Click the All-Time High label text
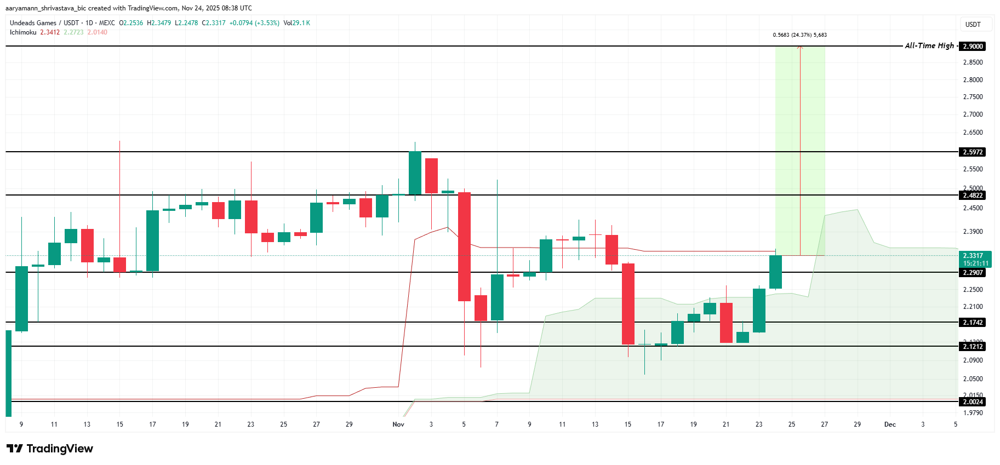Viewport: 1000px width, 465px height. click(929, 46)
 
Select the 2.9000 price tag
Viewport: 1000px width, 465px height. click(973, 47)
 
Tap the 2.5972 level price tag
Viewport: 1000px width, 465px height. click(973, 152)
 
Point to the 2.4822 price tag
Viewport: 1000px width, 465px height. click(973, 196)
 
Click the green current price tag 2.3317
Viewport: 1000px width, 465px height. click(973, 256)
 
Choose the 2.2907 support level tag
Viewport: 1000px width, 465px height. click(973, 273)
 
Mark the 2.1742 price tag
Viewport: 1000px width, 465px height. click(973, 323)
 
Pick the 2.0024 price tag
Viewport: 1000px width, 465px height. click(973, 402)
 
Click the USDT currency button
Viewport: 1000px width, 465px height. click(973, 25)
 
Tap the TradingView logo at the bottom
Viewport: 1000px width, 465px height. click(50, 449)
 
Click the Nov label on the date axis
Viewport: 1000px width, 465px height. click(398, 424)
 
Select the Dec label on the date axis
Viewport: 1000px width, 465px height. click(890, 424)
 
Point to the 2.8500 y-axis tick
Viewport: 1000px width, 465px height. click(973, 62)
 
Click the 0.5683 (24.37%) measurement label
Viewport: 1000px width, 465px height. click(799, 35)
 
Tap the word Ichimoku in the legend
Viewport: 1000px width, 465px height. click(23, 32)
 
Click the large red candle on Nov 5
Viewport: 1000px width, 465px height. click(464, 246)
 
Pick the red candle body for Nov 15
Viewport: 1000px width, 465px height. click(628, 304)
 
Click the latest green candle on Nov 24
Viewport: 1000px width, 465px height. click(775, 272)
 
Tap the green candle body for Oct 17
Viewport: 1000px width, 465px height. click(152, 240)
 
